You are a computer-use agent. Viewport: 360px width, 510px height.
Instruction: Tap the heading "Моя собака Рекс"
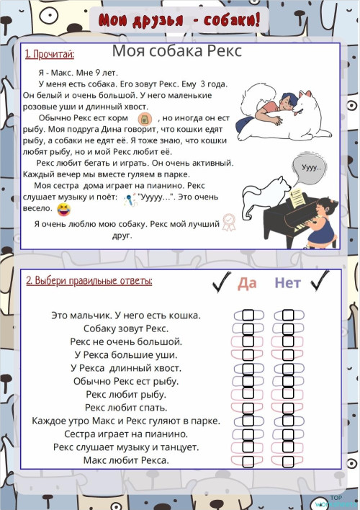point(176,52)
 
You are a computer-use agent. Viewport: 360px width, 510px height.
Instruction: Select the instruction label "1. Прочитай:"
point(50,54)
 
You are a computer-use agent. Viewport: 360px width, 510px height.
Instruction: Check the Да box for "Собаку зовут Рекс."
point(248,328)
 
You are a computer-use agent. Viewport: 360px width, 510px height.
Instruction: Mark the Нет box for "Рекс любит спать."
point(289,408)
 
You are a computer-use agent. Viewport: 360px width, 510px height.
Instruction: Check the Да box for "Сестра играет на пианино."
point(248,434)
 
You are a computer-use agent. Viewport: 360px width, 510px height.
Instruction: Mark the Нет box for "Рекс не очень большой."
point(289,341)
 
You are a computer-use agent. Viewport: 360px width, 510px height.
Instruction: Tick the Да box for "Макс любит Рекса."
point(248,460)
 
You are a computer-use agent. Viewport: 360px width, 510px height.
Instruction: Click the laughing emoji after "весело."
point(64,210)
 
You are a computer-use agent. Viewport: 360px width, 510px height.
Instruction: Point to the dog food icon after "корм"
point(143,118)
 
